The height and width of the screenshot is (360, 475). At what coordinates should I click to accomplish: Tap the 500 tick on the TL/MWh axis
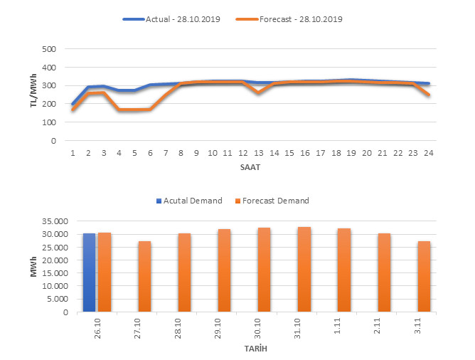[48, 49]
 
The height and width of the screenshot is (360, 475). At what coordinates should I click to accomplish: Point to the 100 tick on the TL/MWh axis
[48, 122]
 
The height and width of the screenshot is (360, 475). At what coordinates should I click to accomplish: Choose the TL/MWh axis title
[33, 95]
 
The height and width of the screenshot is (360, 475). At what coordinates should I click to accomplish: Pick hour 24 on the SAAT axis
[428, 152]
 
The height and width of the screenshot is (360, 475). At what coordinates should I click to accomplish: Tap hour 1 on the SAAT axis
[73, 152]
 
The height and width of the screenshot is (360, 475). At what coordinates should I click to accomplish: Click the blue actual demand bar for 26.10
[89, 272]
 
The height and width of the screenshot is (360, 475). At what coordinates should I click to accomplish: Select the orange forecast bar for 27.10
[144, 276]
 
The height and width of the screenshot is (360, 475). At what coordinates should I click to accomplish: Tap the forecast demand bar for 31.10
[304, 269]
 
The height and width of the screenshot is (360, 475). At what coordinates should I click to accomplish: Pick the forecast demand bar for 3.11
[424, 276]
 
